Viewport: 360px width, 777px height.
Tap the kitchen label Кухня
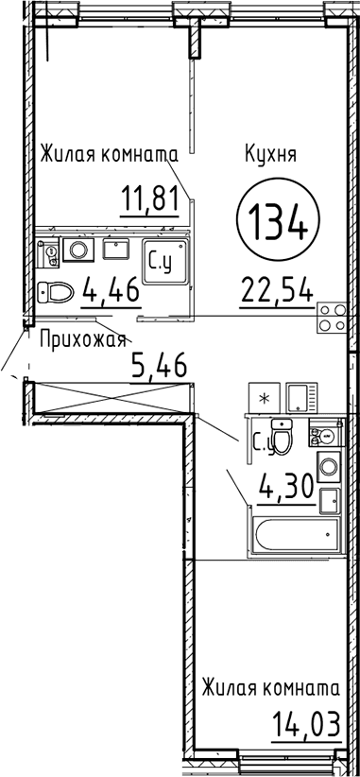pyautogui.click(x=270, y=155)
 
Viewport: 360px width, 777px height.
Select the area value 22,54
pyautogui.click(x=277, y=290)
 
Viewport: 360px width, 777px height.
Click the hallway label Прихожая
pyautogui.click(x=82, y=340)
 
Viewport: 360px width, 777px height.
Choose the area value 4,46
pyautogui.click(x=111, y=290)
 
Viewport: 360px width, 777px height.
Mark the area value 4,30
pyautogui.click(x=287, y=487)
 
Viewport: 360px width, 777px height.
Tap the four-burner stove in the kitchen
pyautogui.click(x=332, y=318)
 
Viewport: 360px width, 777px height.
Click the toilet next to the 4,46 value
pyautogui.click(x=56, y=291)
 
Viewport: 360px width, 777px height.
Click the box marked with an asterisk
pyautogui.click(x=265, y=397)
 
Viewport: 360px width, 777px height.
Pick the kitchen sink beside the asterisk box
pyautogui.click(x=301, y=397)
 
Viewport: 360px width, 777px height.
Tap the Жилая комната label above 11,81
pyautogui.click(x=109, y=154)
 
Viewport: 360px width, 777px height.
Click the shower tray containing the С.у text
pyautogui.click(x=166, y=262)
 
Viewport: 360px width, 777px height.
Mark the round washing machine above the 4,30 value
pyautogui.click(x=328, y=466)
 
